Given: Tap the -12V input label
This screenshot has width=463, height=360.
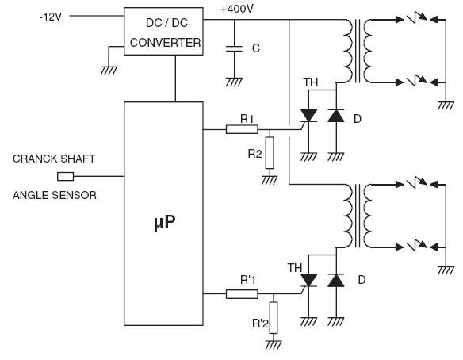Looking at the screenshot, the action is [x=51, y=17].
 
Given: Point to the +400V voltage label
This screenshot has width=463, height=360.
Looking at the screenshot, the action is [x=237, y=10].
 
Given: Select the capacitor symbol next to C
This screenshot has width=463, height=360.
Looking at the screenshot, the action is [x=234, y=48].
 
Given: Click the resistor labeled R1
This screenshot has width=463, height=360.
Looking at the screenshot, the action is [x=242, y=129].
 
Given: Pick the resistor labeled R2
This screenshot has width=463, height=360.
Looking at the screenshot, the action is [x=270, y=153].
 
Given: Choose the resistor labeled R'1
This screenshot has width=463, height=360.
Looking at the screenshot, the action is [x=242, y=294].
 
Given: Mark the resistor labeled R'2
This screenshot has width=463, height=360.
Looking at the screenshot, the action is [x=274, y=318].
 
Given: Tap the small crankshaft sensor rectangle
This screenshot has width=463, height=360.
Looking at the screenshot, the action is [x=65, y=177].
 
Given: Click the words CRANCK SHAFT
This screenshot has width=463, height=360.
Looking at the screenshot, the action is [x=54, y=159].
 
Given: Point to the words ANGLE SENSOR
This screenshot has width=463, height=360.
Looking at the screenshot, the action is [x=55, y=195].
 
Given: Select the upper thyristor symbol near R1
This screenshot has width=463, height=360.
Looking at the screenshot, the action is [x=308, y=116].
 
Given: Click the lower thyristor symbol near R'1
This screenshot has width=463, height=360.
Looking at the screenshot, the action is [x=308, y=281].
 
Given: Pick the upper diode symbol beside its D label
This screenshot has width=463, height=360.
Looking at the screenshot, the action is [x=336, y=116].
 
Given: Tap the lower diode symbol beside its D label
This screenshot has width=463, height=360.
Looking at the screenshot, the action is [x=336, y=280].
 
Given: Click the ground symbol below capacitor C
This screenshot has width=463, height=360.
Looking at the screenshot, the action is [x=234, y=82].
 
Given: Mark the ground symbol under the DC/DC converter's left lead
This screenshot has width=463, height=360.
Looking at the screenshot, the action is [x=109, y=71].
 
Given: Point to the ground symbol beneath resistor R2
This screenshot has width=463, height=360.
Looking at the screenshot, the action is [x=270, y=180].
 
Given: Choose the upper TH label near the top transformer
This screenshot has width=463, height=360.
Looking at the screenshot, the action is [x=311, y=82].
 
